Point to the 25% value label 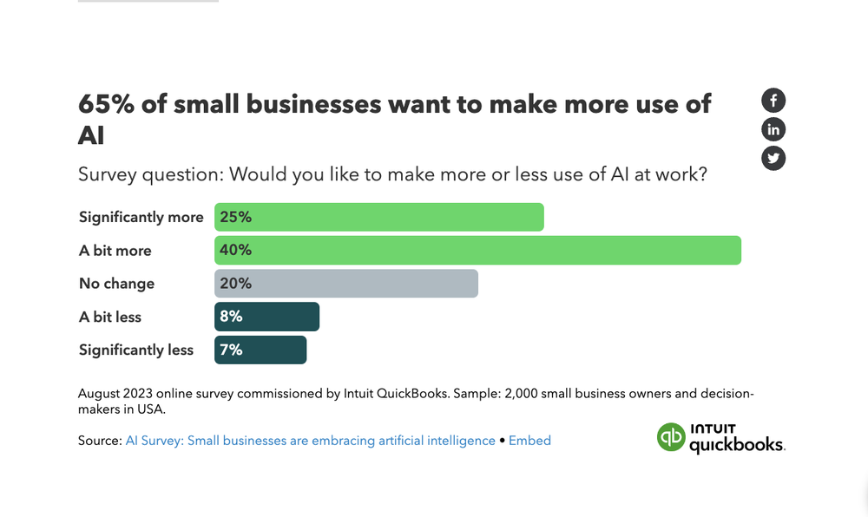[x=236, y=217]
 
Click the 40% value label [x=236, y=250]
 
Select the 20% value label [x=236, y=284]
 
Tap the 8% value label [x=231, y=317]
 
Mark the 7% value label [x=231, y=350]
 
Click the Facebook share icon [x=773, y=101]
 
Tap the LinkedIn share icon [x=773, y=130]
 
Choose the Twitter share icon [x=773, y=159]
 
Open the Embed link [x=529, y=441]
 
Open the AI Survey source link [x=310, y=441]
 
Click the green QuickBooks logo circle [x=671, y=436]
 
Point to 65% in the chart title [x=106, y=104]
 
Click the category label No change [x=116, y=284]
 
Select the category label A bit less [x=110, y=317]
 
